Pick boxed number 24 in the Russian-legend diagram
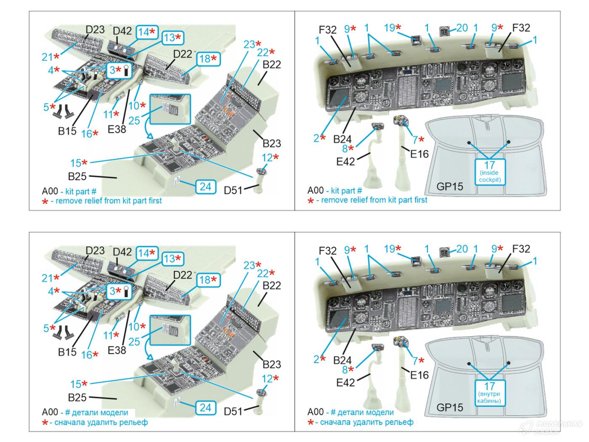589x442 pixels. click(x=205, y=407)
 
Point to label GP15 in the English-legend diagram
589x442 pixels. click(x=450, y=186)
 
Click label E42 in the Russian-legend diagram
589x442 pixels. click(x=345, y=382)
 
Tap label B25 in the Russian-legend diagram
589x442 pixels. click(x=77, y=397)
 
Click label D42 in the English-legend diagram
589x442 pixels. click(x=122, y=31)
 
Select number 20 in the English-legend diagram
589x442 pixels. click(x=462, y=28)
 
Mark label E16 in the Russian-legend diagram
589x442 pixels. click(x=419, y=375)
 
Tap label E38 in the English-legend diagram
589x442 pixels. click(x=117, y=129)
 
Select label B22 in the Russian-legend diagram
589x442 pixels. click(x=271, y=285)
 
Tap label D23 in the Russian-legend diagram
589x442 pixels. click(x=95, y=250)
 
